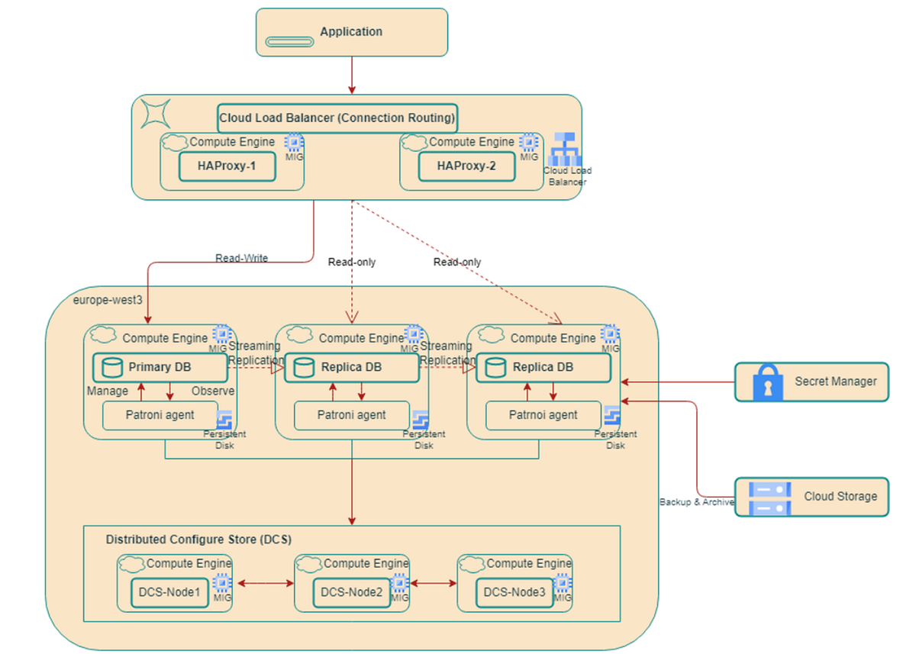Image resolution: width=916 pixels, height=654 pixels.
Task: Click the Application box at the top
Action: coord(351,32)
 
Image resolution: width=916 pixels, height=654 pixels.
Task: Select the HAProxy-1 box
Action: coord(227,166)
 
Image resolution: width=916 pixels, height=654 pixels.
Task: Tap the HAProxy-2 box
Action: coord(466,166)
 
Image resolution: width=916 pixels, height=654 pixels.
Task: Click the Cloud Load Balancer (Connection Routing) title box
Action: coord(337,118)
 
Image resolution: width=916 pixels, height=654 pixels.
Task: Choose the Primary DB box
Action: coord(160,367)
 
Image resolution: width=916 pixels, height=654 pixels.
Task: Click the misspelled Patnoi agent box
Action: coord(543,415)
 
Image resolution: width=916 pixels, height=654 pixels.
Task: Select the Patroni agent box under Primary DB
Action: coord(160,415)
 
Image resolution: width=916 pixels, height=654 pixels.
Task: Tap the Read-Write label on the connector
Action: coord(241,258)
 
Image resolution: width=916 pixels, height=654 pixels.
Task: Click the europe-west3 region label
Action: coord(108,300)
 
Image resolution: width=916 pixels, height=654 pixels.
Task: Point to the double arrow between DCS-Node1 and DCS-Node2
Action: coord(265,584)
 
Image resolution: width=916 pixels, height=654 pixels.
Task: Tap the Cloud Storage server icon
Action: coord(771,497)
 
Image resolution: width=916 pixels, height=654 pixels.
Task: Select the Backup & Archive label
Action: coord(696,502)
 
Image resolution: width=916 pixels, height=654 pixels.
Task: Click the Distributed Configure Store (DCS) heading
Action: coord(198,540)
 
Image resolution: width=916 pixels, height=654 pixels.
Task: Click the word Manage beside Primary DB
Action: coord(108,391)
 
